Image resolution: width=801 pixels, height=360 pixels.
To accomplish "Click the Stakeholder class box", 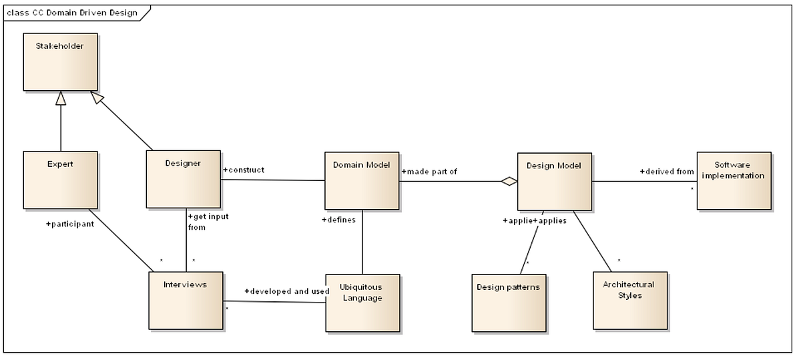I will (60, 61).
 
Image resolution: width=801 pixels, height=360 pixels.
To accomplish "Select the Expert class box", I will (60, 179).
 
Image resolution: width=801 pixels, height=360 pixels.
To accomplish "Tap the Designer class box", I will (183, 178).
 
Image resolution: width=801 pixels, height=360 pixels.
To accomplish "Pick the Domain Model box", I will (362, 180).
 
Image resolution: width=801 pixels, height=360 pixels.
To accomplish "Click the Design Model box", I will (554, 181).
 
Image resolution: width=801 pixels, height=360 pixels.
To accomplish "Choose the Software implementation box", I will (733, 180).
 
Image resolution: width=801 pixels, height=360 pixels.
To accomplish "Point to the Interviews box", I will (186, 300).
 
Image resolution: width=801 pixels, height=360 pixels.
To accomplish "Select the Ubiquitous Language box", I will (362, 302).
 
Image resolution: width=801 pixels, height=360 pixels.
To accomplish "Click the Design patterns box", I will (509, 302).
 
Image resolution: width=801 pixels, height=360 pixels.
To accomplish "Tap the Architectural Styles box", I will (629, 300).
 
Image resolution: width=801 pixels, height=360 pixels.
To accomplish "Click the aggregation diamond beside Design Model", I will (510, 181).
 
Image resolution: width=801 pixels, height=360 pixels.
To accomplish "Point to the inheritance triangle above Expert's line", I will (61, 98).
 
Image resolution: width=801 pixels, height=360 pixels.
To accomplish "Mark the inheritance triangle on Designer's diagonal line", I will (98, 98).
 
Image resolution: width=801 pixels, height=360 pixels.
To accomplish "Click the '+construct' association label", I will (244, 170).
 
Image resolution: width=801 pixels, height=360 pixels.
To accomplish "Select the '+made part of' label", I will (429, 172).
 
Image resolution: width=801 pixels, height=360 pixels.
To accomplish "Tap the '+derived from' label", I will (667, 172).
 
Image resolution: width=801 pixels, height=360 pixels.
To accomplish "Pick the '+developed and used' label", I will (286, 291).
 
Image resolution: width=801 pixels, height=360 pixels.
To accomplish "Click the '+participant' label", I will (69, 224).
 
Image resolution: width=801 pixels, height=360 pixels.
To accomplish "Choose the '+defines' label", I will (338, 219).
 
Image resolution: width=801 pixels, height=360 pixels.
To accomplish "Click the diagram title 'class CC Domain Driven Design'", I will (72, 13).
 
